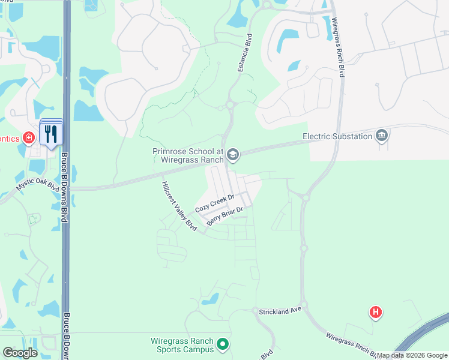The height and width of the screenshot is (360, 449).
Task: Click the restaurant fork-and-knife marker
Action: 50,134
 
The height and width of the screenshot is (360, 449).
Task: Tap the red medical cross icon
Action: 28,139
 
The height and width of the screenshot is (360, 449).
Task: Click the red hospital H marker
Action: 376,312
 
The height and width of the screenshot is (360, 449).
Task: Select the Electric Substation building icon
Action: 382,136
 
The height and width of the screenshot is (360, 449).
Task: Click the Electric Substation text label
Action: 337,136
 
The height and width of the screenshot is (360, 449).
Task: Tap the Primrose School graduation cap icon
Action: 233,156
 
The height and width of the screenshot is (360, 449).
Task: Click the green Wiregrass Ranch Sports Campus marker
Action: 223,344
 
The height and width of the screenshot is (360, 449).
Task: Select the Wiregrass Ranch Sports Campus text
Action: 181,345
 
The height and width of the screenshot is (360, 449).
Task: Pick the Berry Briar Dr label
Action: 224,216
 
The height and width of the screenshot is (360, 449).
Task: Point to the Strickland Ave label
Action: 279,312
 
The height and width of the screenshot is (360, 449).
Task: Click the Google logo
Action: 20,353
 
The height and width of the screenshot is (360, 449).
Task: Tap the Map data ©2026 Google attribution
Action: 412,355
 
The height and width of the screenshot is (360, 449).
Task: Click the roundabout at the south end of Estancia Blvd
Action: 229,107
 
